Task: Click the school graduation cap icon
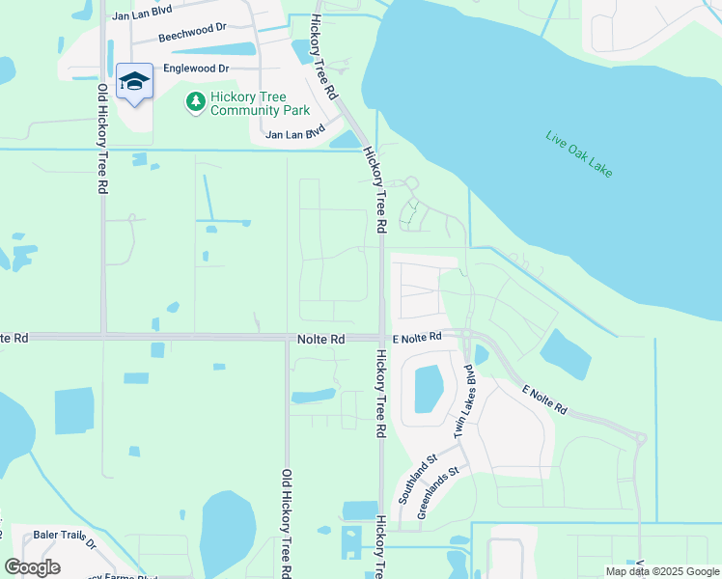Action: pos(135,81)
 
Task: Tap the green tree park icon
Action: pos(196,101)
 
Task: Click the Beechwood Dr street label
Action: pos(194,38)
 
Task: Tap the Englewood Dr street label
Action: pos(196,69)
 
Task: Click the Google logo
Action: pos(32,567)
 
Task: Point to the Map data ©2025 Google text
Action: pos(662,571)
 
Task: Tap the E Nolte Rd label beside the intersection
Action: pos(417,337)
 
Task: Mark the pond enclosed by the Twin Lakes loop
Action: pos(429,389)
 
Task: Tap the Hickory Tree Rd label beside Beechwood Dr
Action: pos(322,59)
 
